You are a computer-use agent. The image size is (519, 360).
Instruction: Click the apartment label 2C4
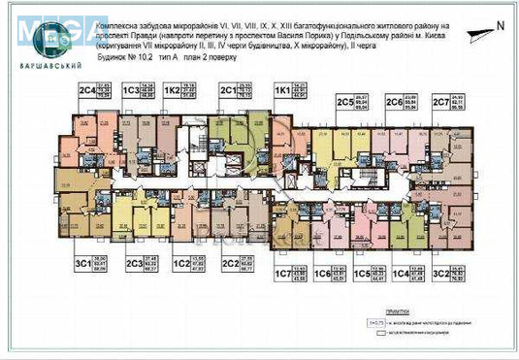click(x=88, y=92)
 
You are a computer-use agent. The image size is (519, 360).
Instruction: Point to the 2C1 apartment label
click(x=228, y=92)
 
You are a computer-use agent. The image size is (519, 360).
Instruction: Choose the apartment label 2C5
click(x=343, y=102)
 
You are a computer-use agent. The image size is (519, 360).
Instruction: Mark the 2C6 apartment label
click(x=394, y=102)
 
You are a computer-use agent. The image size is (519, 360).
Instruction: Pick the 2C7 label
click(x=440, y=102)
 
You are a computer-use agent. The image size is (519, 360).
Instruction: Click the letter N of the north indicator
click(x=499, y=25)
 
